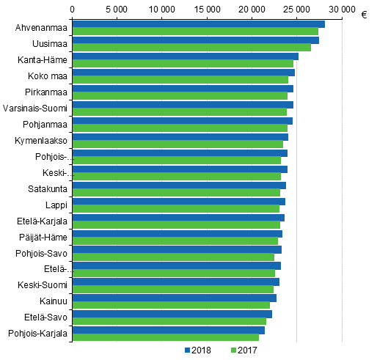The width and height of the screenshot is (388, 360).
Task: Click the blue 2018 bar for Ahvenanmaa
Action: point(198,24)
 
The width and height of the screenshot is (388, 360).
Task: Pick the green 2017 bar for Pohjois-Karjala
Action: point(165,337)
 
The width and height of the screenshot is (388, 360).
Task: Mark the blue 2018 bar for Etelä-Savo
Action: point(172,313)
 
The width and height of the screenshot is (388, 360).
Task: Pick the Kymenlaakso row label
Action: point(41,140)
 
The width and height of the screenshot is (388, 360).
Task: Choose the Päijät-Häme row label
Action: point(44,237)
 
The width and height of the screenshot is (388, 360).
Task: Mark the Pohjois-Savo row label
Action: point(41,253)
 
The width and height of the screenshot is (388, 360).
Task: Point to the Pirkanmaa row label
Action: point(45,92)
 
